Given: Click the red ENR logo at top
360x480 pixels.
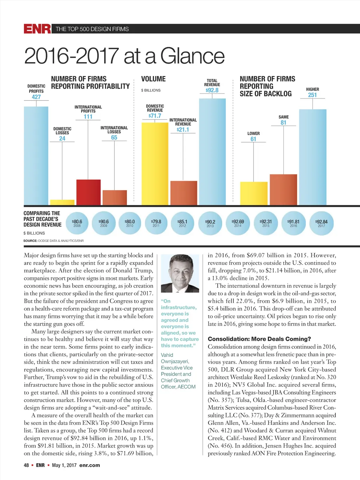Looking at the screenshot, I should click(37, 29).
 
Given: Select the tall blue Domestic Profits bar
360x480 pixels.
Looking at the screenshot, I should click(36, 155).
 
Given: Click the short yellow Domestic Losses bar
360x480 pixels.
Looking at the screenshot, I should click(62, 202).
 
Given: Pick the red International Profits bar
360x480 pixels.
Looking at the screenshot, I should click(88, 192).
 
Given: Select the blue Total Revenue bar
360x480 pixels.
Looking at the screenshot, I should click(212, 151).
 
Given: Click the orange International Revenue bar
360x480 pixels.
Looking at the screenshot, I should click(184, 193).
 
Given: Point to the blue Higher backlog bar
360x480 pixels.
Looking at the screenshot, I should click(313, 157).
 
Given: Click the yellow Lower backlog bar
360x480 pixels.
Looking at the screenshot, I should click(253, 193).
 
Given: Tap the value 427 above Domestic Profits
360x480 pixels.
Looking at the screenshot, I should click(36, 97).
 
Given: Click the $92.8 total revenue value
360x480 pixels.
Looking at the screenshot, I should click(212, 90).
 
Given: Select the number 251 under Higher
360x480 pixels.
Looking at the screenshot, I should click(312, 95).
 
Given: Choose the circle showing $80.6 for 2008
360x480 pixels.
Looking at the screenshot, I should click(77, 223).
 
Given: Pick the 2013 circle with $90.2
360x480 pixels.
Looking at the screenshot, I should click(210, 223).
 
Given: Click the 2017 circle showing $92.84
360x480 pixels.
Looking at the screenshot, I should click(322, 223).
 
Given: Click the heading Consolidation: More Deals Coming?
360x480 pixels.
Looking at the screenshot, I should click(259, 339).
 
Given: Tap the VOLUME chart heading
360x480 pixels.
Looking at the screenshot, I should click(153, 79).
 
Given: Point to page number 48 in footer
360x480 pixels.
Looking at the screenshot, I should click(26, 465).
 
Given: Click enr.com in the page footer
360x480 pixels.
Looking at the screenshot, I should click(90, 465).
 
